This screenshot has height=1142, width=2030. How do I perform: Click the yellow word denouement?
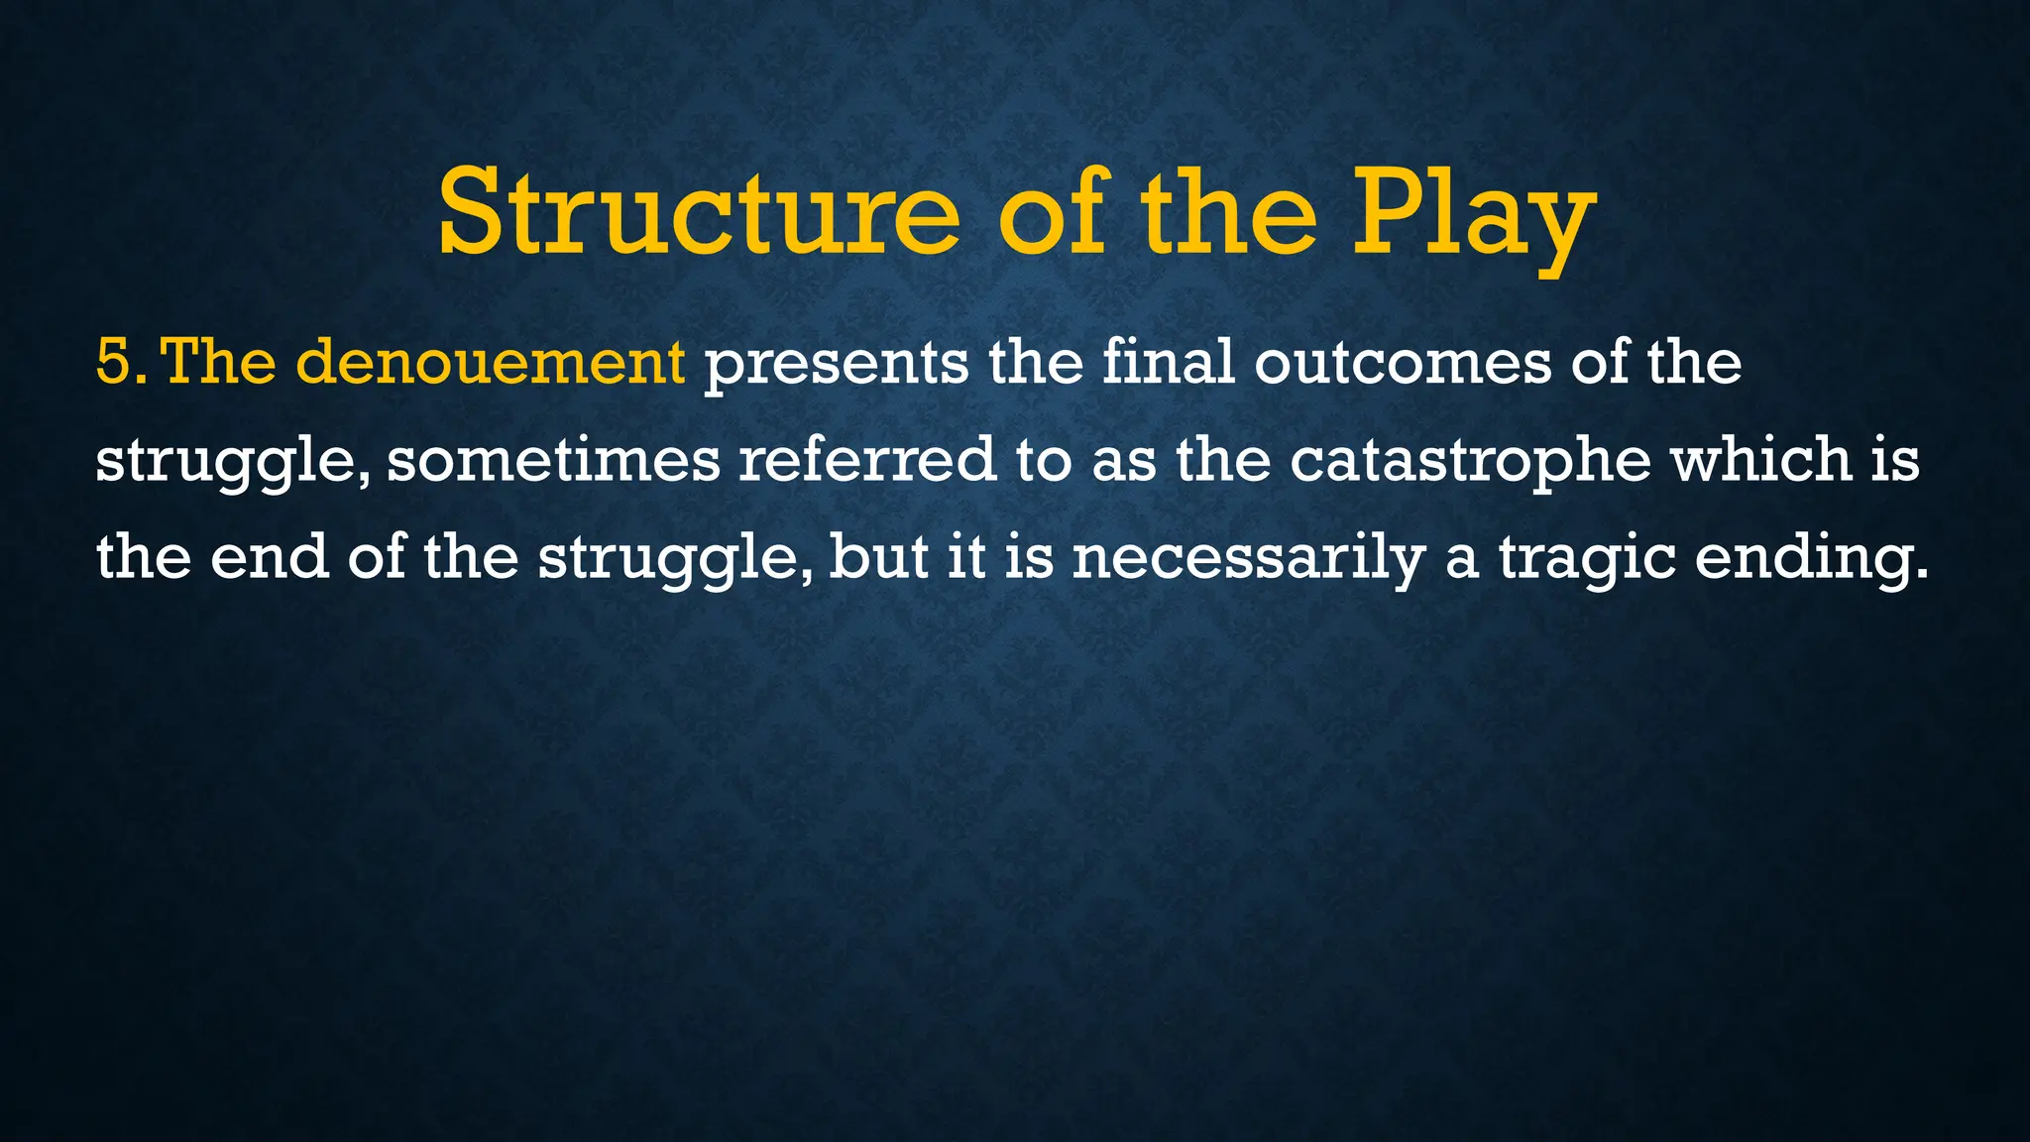pos(490,362)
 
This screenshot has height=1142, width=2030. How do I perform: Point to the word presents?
pos(836,364)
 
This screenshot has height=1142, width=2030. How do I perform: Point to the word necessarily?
pos(1248,559)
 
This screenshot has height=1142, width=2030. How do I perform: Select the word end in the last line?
pos(270,557)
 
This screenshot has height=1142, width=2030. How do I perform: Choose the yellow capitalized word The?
pos(218,362)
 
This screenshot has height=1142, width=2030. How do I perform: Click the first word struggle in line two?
pos(232,462)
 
